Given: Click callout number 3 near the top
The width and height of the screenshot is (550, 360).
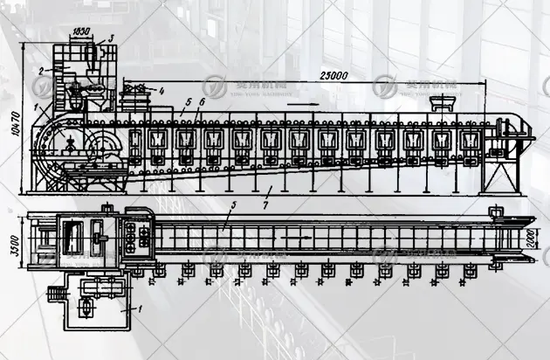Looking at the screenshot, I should click(x=111, y=39).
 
